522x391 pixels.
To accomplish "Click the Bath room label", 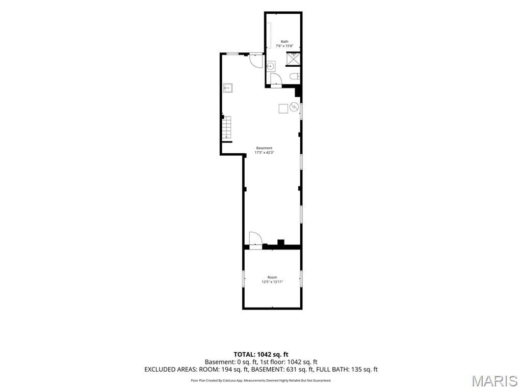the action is tap(284, 42).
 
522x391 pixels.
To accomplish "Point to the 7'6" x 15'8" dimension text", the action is tap(284, 46).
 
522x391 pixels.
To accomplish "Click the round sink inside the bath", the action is tap(271, 66).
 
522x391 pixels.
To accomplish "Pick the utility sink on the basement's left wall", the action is tap(228, 88).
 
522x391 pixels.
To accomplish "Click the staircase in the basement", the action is tap(227, 127).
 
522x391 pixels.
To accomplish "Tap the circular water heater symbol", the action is tap(294, 107).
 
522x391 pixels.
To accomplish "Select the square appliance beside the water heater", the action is tap(283, 108).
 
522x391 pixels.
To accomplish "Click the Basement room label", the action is tap(264, 148).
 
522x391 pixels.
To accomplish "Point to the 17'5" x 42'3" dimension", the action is tap(264, 153).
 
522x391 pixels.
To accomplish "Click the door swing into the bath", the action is tap(276, 80).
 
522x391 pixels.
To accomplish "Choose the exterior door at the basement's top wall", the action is tap(256, 61).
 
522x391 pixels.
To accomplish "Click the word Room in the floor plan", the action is tap(272, 277).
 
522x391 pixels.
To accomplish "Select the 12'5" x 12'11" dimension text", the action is tap(272, 282).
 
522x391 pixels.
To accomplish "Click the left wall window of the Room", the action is tap(243, 278).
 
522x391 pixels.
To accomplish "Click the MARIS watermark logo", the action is tap(494, 381).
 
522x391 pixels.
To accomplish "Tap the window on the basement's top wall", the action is tap(232, 53).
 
